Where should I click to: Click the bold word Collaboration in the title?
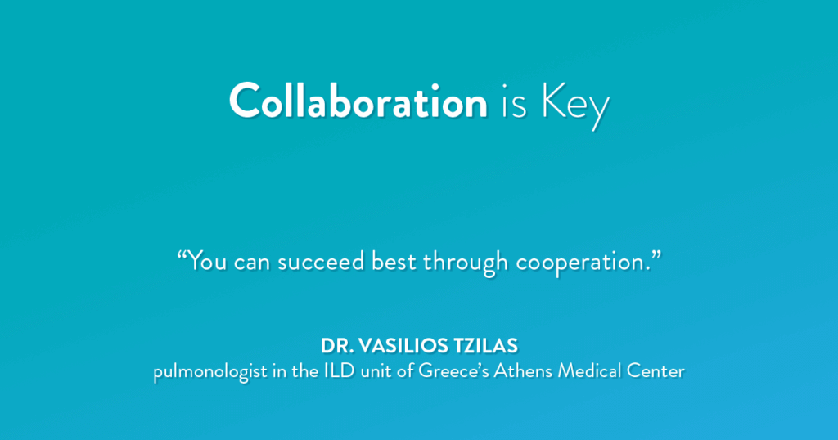point(358,101)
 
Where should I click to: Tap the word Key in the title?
point(575,106)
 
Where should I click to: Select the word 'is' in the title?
point(514,102)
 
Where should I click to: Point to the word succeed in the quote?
point(321,261)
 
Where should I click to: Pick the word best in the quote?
point(394,261)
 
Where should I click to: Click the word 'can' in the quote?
point(252,263)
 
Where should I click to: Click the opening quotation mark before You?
point(182,254)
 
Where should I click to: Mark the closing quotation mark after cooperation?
point(656,254)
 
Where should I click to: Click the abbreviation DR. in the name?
point(336,346)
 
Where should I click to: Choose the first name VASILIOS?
point(403,346)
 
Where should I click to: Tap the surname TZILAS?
point(486,346)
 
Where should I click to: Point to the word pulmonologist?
point(209,372)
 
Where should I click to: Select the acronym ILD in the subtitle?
point(340,370)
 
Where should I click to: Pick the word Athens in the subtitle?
point(523,370)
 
